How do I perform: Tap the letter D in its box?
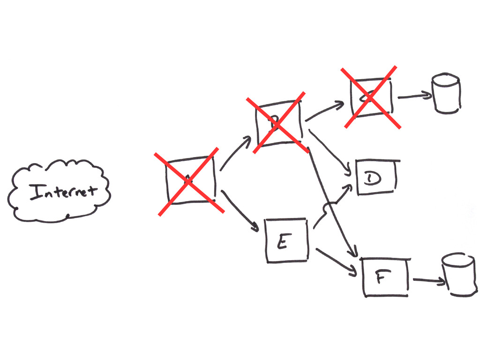(x=374, y=178)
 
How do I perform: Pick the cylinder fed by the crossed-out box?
(x=446, y=93)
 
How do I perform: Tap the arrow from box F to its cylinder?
(x=428, y=281)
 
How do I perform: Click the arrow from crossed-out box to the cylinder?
(x=414, y=97)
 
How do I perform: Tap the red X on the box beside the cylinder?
(x=371, y=97)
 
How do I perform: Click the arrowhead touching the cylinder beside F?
(x=441, y=282)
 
